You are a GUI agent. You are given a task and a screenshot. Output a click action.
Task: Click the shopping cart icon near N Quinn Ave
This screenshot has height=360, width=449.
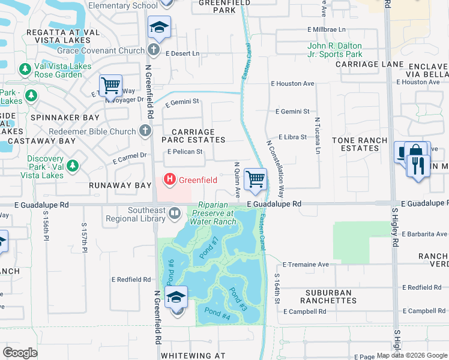click(x=256, y=179)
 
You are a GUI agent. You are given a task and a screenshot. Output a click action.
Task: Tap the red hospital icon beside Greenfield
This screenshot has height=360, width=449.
click(x=170, y=179)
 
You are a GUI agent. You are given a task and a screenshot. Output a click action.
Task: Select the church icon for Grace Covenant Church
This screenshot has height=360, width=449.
click(x=154, y=51)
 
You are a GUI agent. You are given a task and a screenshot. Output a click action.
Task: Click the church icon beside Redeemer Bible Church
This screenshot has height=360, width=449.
click(x=145, y=131)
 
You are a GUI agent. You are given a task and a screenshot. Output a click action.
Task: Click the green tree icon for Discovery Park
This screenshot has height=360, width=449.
click(x=73, y=166)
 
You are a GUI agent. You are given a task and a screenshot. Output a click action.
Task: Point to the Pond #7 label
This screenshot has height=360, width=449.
click(x=209, y=248)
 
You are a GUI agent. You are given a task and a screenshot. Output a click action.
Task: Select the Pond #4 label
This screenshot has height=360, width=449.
click(x=217, y=312)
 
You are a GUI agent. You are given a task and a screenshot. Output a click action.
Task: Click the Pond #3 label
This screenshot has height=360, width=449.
click(x=238, y=298)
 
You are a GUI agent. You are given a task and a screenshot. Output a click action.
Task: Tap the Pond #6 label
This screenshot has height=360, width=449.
click(x=170, y=269)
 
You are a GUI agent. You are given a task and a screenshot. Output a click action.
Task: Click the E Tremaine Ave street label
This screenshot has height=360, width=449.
click(x=306, y=264)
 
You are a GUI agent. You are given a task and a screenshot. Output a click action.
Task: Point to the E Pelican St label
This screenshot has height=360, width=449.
click(x=185, y=152)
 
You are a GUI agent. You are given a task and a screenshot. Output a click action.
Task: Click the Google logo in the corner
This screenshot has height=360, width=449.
click(x=20, y=353)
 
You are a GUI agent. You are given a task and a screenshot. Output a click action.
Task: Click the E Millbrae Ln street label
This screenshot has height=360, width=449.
click(x=327, y=29)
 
